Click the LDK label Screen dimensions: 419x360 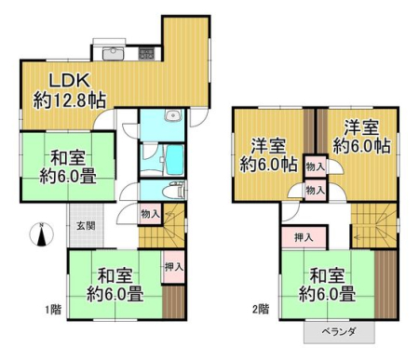click(71, 80)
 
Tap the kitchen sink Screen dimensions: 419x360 click(114, 53)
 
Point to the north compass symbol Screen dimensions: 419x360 click(41, 234)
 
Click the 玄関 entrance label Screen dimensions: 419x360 click(86, 226)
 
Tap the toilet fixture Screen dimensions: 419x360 click(176, 190)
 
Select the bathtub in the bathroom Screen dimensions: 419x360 click(175, 160)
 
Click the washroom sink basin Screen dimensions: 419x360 click(171, 116)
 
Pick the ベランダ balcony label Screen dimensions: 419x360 click(338, 332)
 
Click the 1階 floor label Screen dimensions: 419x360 click(53, 310)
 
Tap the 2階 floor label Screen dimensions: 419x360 click(261, 309)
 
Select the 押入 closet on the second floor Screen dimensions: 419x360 click(304, 238)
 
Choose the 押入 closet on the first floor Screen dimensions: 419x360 click(174, 267)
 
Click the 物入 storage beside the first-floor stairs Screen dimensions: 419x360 click(151, 214)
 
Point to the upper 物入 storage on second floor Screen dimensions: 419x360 click(316, 167)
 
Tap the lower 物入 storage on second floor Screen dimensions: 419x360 click(316, 190)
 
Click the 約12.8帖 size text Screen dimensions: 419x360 click(70, 100)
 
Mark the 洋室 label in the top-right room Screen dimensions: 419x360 click(361, 128)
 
